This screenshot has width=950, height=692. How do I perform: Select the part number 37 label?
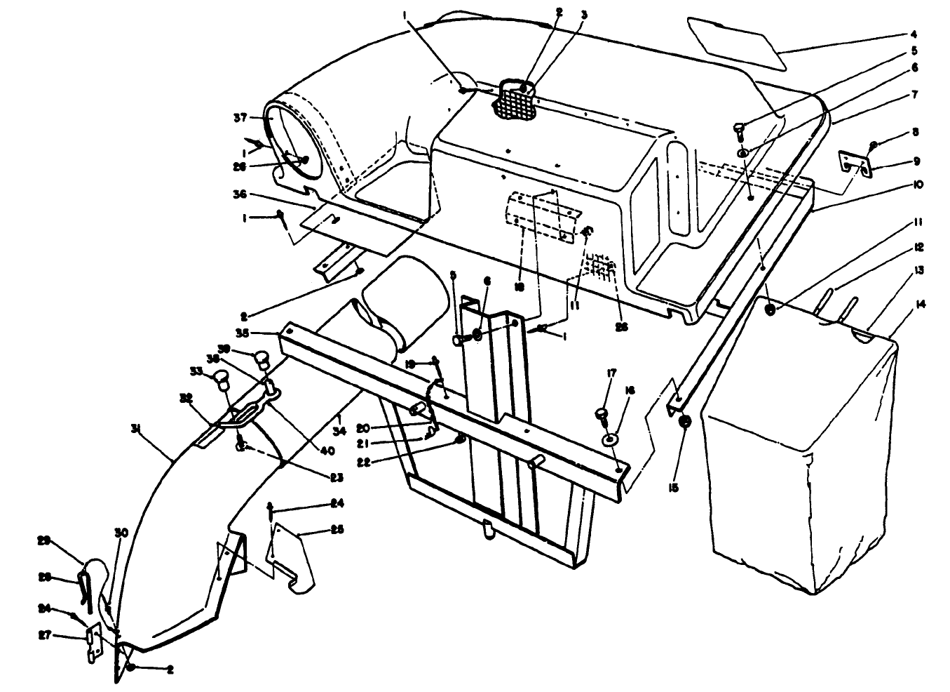241,119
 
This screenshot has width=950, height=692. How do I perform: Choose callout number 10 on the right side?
918,185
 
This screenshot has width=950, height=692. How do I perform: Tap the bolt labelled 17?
600,415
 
